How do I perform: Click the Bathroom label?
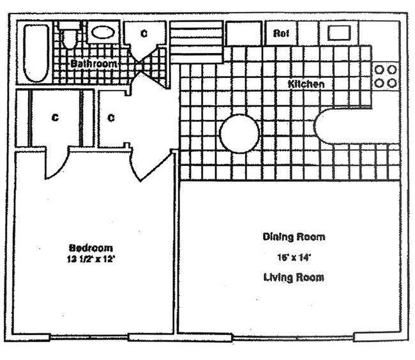tap(93, 64)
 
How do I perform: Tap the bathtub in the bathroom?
tap(36, 53)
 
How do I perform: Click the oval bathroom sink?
tap(102, 32)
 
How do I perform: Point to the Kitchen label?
tap(306, 84)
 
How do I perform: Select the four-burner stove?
tap(385, 76)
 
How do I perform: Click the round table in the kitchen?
tap(239, 133)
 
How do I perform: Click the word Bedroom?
tap(91, 248)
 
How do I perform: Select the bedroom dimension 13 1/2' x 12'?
tap(91, 259)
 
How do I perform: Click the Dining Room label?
tap(294, 237)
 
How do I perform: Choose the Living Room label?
tap(294, 278)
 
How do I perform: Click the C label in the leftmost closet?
tap(55, 118)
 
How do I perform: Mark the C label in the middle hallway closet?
tap(110, 118)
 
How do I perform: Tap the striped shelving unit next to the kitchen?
tap(197, 42)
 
